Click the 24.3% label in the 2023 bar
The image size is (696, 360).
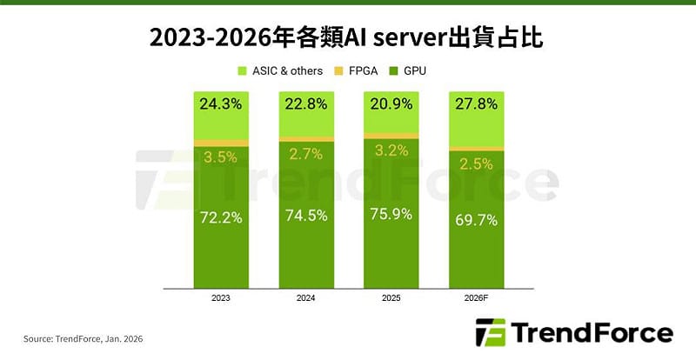click(220, 104)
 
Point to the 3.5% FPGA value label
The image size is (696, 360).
click(220, 157)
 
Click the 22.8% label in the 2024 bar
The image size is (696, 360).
click(305, 104)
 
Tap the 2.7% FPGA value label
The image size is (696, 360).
click(305, 154)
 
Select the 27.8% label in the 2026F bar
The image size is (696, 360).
click(475, 104)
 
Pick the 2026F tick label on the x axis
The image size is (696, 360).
click(475, 297)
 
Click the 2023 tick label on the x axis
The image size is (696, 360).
click(220, 297)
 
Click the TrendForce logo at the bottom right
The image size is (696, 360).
click(574, 333)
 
